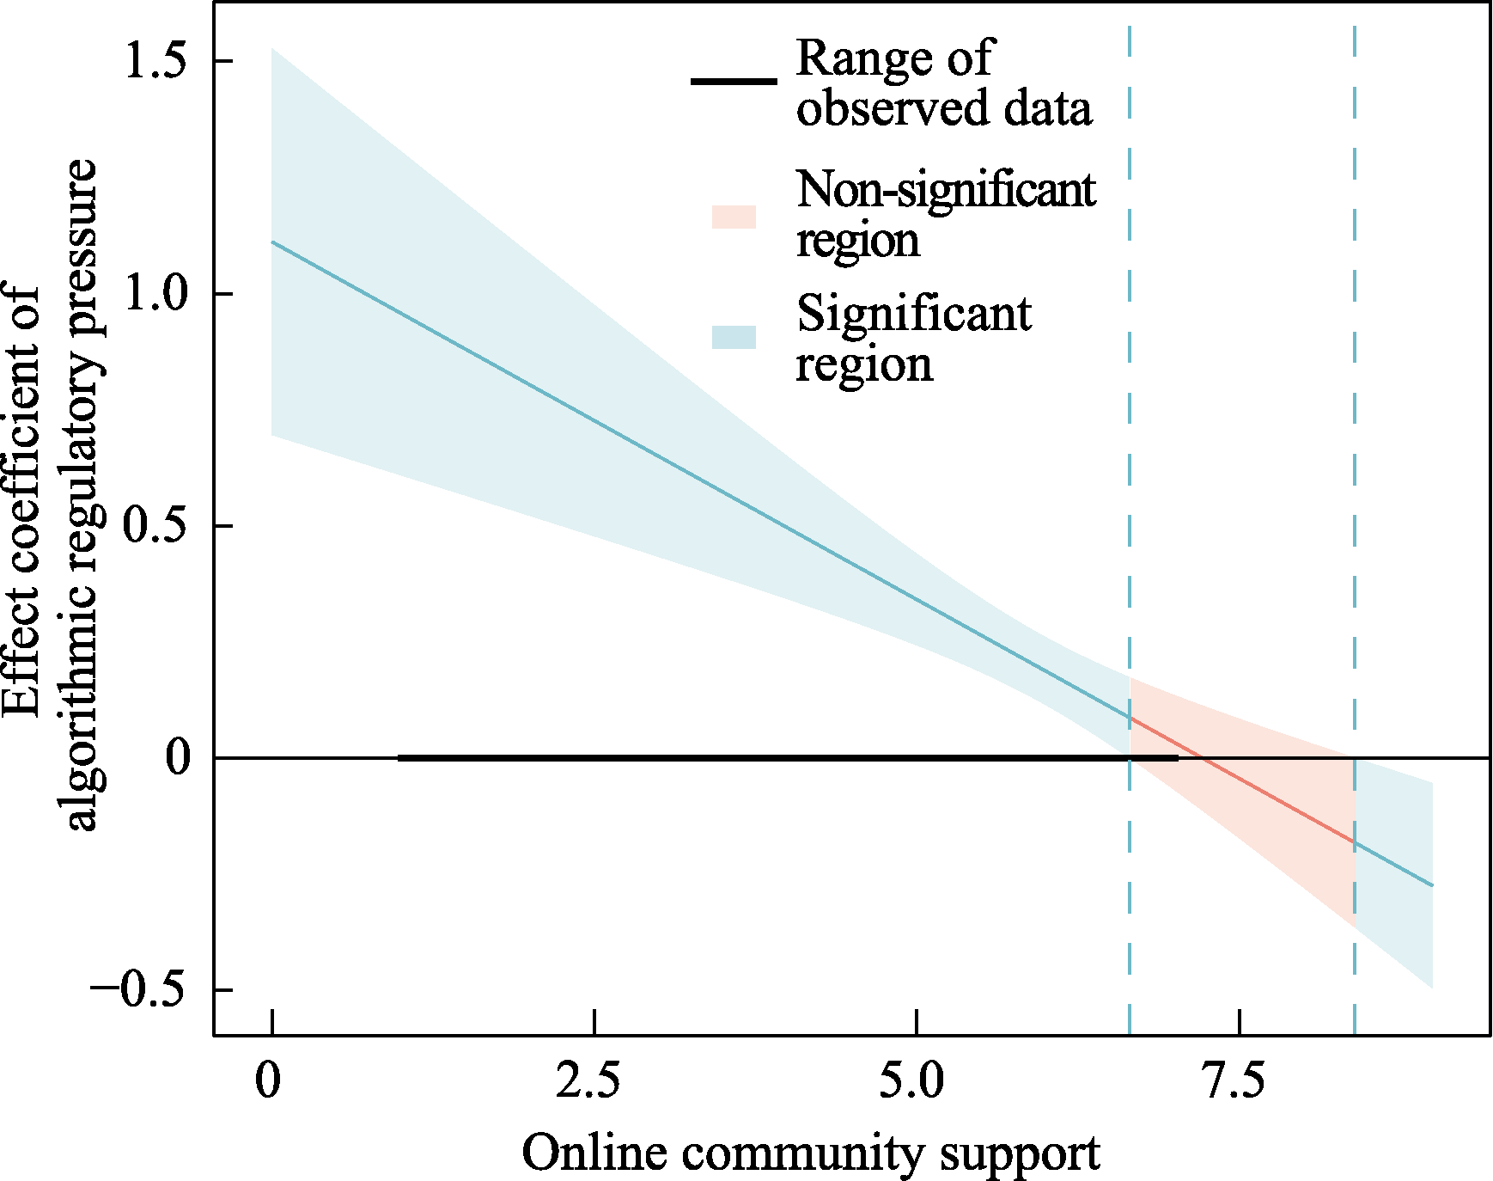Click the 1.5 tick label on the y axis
155,62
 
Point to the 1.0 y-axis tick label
155,294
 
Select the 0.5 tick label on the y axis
155,526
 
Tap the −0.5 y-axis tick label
137,990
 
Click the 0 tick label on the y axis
178,758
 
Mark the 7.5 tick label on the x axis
1234,1081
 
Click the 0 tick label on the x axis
268,1081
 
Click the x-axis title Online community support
810,1153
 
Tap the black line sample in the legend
734,83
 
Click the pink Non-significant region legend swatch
734,217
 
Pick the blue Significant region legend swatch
734,338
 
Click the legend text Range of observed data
943,83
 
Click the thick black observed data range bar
773,758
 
